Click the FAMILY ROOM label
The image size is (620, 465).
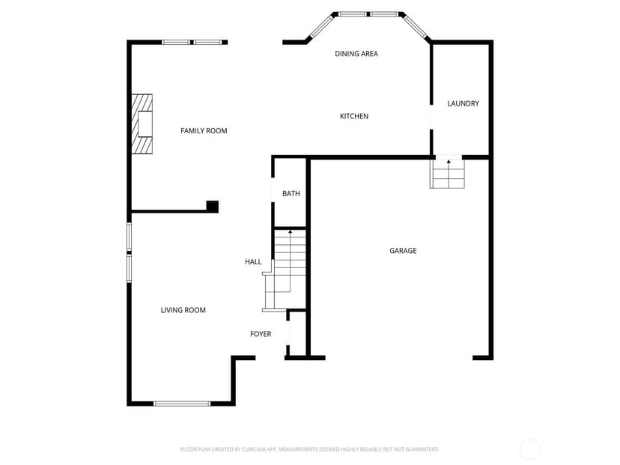click(x=204, y=131)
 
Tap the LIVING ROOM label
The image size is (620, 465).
click(x=183, y=311)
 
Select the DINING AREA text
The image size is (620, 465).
click(x=356, y=54)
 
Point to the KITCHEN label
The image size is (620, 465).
click(x=354, y=116)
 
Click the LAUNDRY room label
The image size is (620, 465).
click(x=463, y=103)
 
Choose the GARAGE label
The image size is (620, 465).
click(x=403, y=251)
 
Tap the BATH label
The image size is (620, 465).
click(x=291, y=194)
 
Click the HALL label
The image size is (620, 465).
click(x=253, y=262)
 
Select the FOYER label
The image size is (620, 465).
click(x=261, y=334)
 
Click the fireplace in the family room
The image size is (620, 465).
click(x=142, y=124)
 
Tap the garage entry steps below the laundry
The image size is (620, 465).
click(x=447, y=173)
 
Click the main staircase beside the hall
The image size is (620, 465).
click(x=285, y=270)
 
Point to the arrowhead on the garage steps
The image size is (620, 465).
click(x=449, y=161)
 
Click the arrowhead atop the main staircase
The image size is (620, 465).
click(x=291, y=231)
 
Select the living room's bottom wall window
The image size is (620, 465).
click(x=182, y=404)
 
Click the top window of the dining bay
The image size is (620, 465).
click(x=368, y=14)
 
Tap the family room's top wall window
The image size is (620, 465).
click(x=192, y=43)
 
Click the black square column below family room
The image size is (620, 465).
click(x=213, y=207)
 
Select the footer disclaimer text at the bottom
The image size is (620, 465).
click(x=309, y=449)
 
